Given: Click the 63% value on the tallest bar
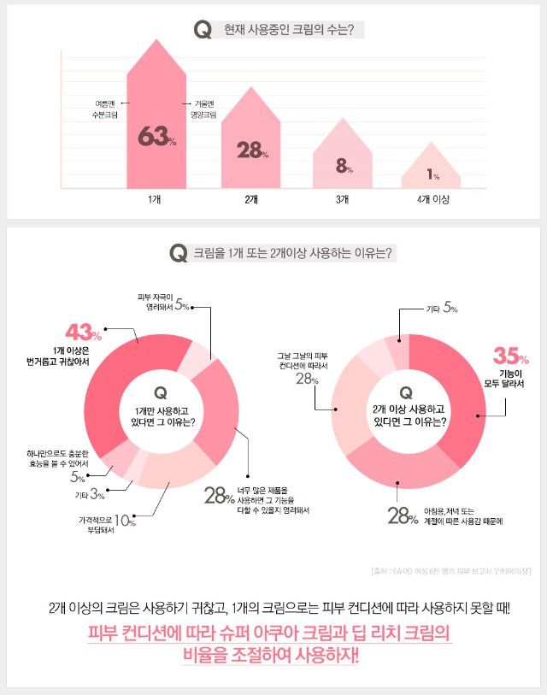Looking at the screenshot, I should [x=156, y=138].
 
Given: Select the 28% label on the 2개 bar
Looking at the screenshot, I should [x=252, y=150].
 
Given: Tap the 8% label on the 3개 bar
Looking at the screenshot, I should [x=344, y=167].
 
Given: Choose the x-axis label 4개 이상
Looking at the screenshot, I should [x=433, y=199].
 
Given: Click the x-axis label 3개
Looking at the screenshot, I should [x=342, y=199].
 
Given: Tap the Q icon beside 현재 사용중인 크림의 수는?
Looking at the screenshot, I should [x=203, y=30].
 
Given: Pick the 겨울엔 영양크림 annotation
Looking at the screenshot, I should [x=203, y=109].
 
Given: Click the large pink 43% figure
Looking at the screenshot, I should [x=84, y=331].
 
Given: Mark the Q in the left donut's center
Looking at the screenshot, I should [x=158, y=392].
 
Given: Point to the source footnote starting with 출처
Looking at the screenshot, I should [x=451, y=571].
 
